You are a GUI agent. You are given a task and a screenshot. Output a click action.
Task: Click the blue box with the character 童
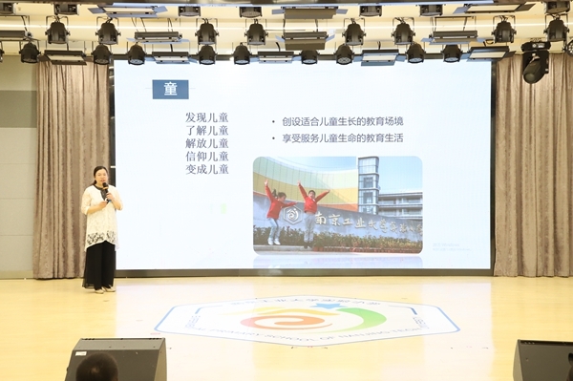170,89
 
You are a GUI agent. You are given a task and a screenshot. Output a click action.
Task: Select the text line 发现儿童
207,117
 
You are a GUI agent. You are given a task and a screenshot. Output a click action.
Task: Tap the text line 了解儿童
207,131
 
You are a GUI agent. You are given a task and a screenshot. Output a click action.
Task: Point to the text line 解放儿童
207,143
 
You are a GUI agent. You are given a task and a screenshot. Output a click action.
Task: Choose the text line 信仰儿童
207,157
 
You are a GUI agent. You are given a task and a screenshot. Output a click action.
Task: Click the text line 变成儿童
207,169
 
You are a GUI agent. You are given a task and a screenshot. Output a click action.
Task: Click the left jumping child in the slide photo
275,211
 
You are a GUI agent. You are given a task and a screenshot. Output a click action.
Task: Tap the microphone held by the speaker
106,190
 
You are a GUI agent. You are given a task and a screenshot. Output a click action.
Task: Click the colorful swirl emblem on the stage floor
307,318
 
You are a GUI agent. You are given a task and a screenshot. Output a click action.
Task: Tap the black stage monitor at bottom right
543,360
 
